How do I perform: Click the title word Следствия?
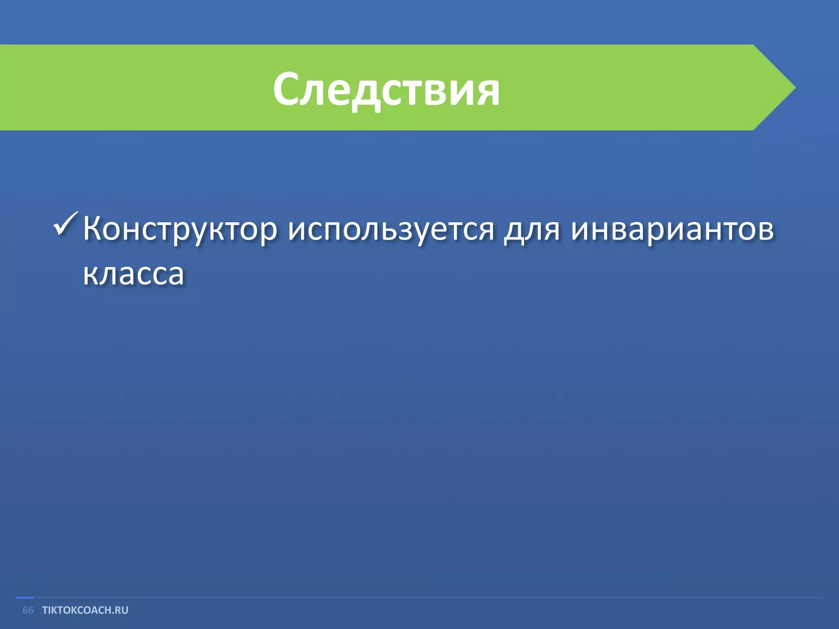(x=386, y=89)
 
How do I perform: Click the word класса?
(x=134, y=274)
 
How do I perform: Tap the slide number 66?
(x=28, y=610)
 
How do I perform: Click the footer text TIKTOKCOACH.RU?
(x=85, y=610)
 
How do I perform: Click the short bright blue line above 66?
(x=25, y=598)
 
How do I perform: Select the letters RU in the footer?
(x=122, y=610)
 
